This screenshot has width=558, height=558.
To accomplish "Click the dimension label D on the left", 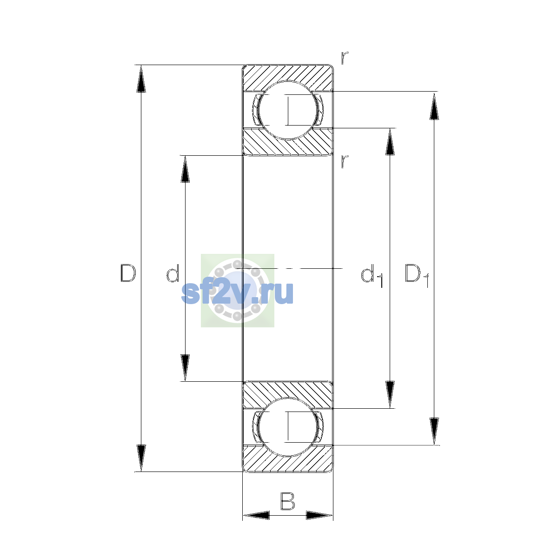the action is (x=128, y=273).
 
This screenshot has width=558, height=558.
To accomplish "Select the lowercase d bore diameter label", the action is (x=173, y=273).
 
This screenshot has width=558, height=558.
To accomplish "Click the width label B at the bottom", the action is (x=287, y=501).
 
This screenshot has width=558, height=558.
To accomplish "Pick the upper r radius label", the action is (x=344, y=58).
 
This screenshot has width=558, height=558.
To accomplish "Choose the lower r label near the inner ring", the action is (x=344, y=161).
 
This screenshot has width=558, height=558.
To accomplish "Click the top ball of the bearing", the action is (x=288, y=110).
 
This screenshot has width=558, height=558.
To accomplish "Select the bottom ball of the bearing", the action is (x=288, y=427).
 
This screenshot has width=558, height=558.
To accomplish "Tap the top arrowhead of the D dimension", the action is (x=141, y=79).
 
